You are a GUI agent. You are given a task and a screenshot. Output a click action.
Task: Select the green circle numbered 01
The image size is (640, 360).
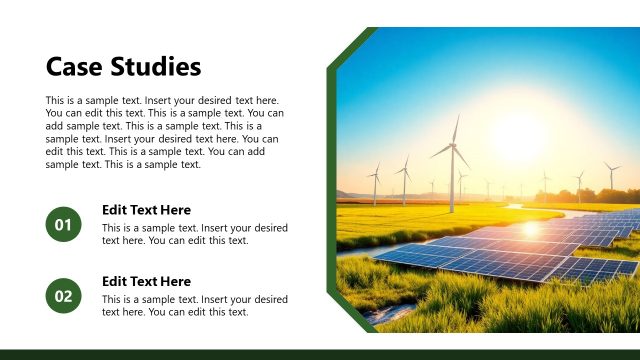click(63, 225)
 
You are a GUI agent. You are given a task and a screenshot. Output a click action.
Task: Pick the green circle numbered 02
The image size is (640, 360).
click(63, 295)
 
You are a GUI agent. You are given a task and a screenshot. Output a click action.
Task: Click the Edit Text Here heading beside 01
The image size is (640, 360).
click(146, 210)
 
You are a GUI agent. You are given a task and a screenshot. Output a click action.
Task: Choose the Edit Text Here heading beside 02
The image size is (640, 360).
click(146, 281)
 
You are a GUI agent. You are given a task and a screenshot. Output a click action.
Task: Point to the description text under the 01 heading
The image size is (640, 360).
click(195, 234)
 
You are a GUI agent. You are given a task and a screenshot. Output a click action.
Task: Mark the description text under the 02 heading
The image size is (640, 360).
click(195, 305)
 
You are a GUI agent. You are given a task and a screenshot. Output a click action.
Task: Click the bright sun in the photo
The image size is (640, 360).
click(519, 135)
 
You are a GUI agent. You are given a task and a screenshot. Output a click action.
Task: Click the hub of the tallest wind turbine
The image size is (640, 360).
click(453, 147)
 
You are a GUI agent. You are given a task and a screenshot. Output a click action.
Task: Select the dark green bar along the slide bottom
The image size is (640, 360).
click(320, 354)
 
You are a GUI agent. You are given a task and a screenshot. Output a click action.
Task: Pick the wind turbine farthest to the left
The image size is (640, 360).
click(376, 184)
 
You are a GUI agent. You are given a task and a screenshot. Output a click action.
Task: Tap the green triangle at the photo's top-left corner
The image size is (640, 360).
click(345, 45)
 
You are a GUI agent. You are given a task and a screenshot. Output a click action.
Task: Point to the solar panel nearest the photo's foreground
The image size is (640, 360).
click(470, 263)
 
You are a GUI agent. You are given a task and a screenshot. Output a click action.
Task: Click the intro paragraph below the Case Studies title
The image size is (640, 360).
click(162, 133)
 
